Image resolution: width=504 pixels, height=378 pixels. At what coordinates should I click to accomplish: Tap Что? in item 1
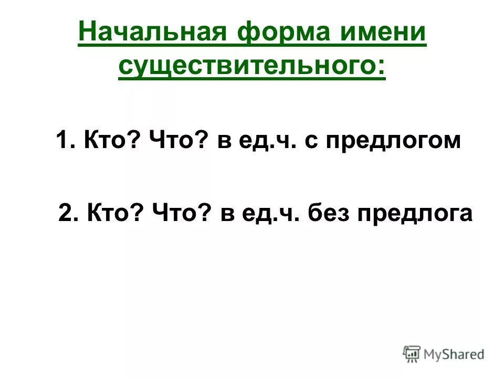click(179, 142)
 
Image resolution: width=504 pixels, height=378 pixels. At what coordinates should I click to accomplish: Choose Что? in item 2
click(182, 214)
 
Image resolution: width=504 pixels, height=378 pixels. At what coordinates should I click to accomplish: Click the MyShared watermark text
click(454, 354)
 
